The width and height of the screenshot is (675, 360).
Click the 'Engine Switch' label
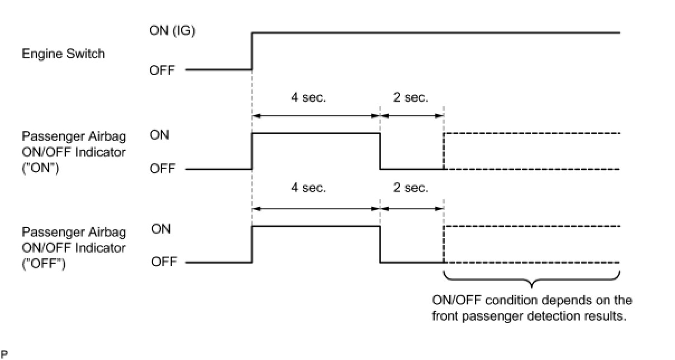(63, 54)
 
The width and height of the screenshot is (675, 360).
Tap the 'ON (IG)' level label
(172, 31)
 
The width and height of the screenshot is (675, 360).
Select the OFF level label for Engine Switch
(162, 70)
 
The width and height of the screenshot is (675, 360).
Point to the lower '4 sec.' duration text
(308, 188)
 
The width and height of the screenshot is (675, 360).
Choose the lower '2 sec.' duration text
(411, 188)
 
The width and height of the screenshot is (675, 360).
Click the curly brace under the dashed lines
(531, 280)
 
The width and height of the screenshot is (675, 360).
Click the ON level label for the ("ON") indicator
(159, 135)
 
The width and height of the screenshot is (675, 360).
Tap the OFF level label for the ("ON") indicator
(162, 169)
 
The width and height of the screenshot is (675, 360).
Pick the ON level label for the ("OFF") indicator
(161, 229)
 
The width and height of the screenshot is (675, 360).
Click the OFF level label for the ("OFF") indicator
(164, 262)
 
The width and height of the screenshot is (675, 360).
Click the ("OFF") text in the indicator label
(44, 262)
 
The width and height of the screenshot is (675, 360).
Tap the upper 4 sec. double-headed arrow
(316, 116)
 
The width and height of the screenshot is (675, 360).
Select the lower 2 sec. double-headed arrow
(412, 209)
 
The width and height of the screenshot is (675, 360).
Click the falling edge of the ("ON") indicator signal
(380, 151)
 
